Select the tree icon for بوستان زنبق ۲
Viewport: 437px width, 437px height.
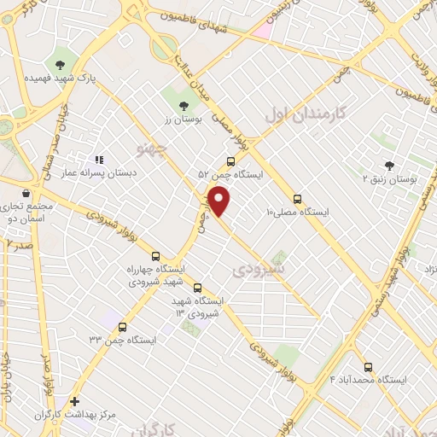pos(389,166)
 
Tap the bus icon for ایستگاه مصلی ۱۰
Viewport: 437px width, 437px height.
pos(296,197)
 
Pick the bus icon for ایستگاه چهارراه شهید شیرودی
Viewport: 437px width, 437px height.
pos(154,255)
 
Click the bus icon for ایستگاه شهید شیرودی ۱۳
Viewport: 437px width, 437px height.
pos(198,288)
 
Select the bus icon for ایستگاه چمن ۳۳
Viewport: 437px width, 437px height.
pos(122,326)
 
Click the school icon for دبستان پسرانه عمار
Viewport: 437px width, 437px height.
pos(99,159)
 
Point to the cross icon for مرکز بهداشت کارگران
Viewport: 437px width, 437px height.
pos(75,401)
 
